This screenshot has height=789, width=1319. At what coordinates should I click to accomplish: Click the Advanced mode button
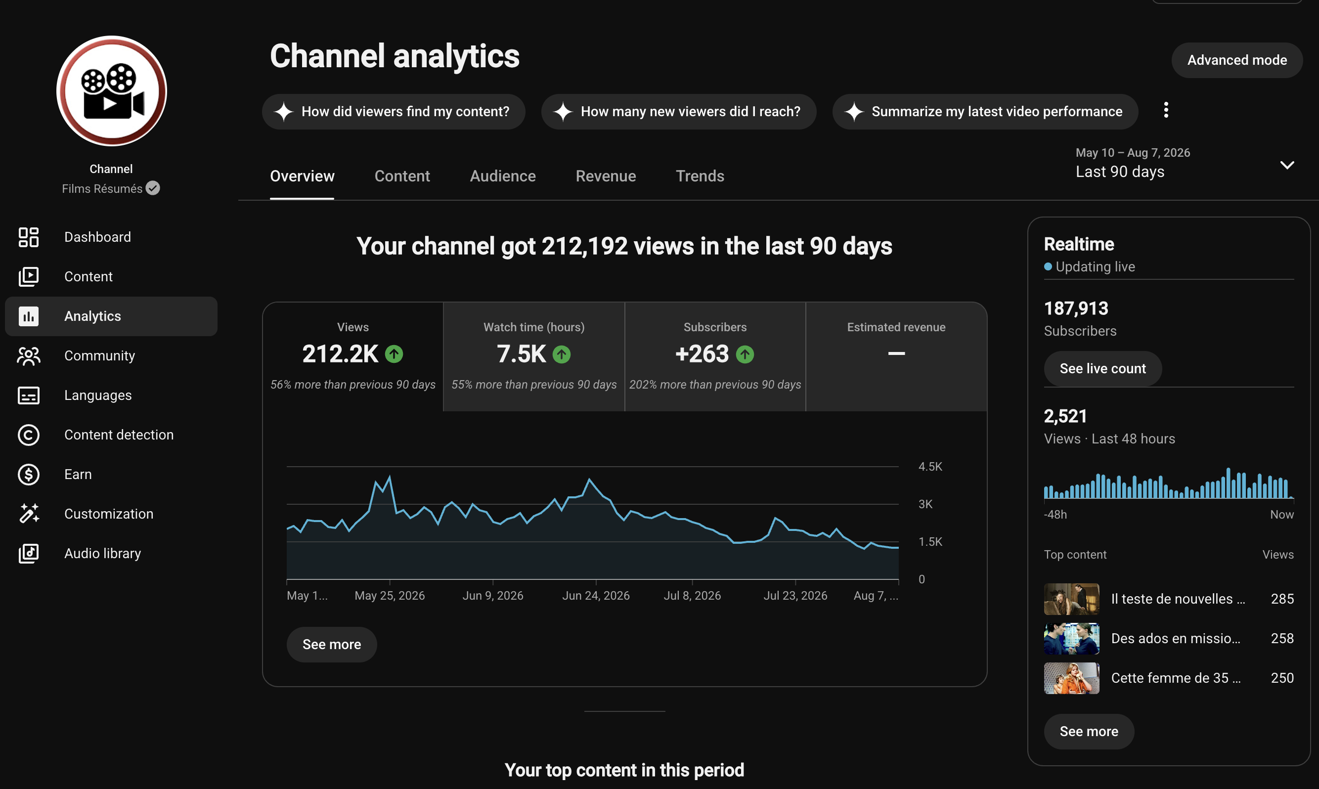pos(1236,60)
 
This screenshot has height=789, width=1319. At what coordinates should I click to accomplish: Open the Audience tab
pos(502,176)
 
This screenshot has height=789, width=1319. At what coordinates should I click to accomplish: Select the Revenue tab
pos(606,176)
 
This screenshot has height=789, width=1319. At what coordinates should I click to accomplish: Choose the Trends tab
pos(700,176)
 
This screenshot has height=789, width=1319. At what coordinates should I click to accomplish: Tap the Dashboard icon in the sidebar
pos(29,237)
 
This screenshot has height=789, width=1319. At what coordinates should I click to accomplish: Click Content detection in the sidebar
pos(119,435)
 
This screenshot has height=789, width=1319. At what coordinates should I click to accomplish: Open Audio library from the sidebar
pos(103,554)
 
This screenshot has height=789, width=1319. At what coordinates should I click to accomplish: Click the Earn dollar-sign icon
pos(29,474)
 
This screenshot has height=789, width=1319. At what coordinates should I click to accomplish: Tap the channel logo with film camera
pos(112,91)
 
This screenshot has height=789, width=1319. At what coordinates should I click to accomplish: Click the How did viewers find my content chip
pos(394,112)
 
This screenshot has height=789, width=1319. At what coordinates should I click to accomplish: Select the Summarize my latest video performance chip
pos(985,112)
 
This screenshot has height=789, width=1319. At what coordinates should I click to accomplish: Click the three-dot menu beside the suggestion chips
pos(1166,110)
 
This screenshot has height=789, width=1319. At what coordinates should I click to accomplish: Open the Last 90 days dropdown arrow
pos(1286,165)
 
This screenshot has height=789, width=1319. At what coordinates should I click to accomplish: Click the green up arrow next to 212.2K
pos(394,354)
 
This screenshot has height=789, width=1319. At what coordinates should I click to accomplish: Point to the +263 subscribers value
pos(702,354)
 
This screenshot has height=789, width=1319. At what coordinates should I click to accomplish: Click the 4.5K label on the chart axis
pos(930,466)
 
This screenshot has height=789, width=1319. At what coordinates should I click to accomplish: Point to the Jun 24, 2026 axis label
pos(595,596)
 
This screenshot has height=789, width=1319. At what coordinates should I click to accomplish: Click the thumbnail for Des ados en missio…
pos(1071,639)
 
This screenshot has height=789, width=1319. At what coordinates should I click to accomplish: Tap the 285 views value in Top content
pos(1282,599)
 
